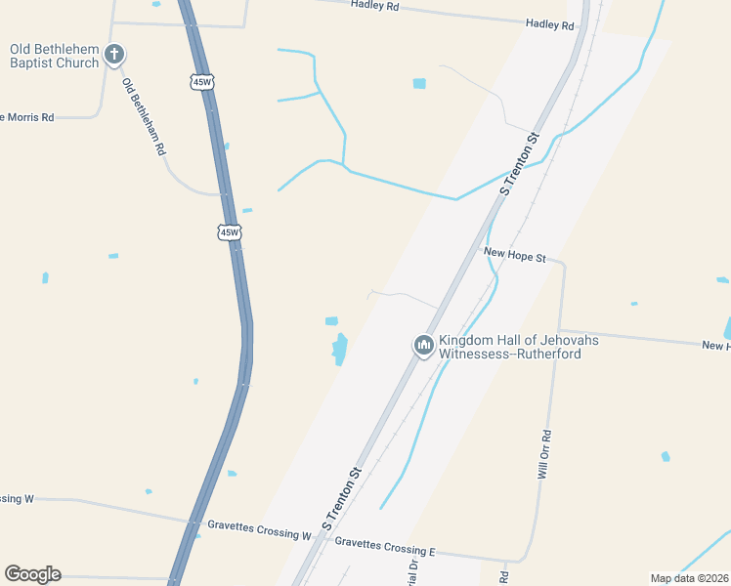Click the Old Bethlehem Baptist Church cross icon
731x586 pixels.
click(x=114, y=55)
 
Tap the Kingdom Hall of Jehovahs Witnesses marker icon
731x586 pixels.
click(x=423, y=346)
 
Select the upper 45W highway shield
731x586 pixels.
click(x=201, y=82)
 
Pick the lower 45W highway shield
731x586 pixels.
click(x=229, y=232)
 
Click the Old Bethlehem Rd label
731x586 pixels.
click(x=145, y=118)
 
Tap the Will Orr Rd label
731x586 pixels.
click(x=545, y=455)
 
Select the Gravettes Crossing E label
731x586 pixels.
click(x=385, y=541)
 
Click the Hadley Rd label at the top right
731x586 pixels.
click(x=549, y=24)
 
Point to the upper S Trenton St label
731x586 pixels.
click(x=521, y=164)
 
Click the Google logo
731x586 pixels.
click(x=32, y=574)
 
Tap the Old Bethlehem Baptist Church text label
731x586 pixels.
click(x=54, y=56)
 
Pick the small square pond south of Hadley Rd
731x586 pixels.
click(x=419, y=84)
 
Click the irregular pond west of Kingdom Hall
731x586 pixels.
click(x=340, y=349)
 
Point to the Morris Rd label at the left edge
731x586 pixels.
click(x=29, y=117)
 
